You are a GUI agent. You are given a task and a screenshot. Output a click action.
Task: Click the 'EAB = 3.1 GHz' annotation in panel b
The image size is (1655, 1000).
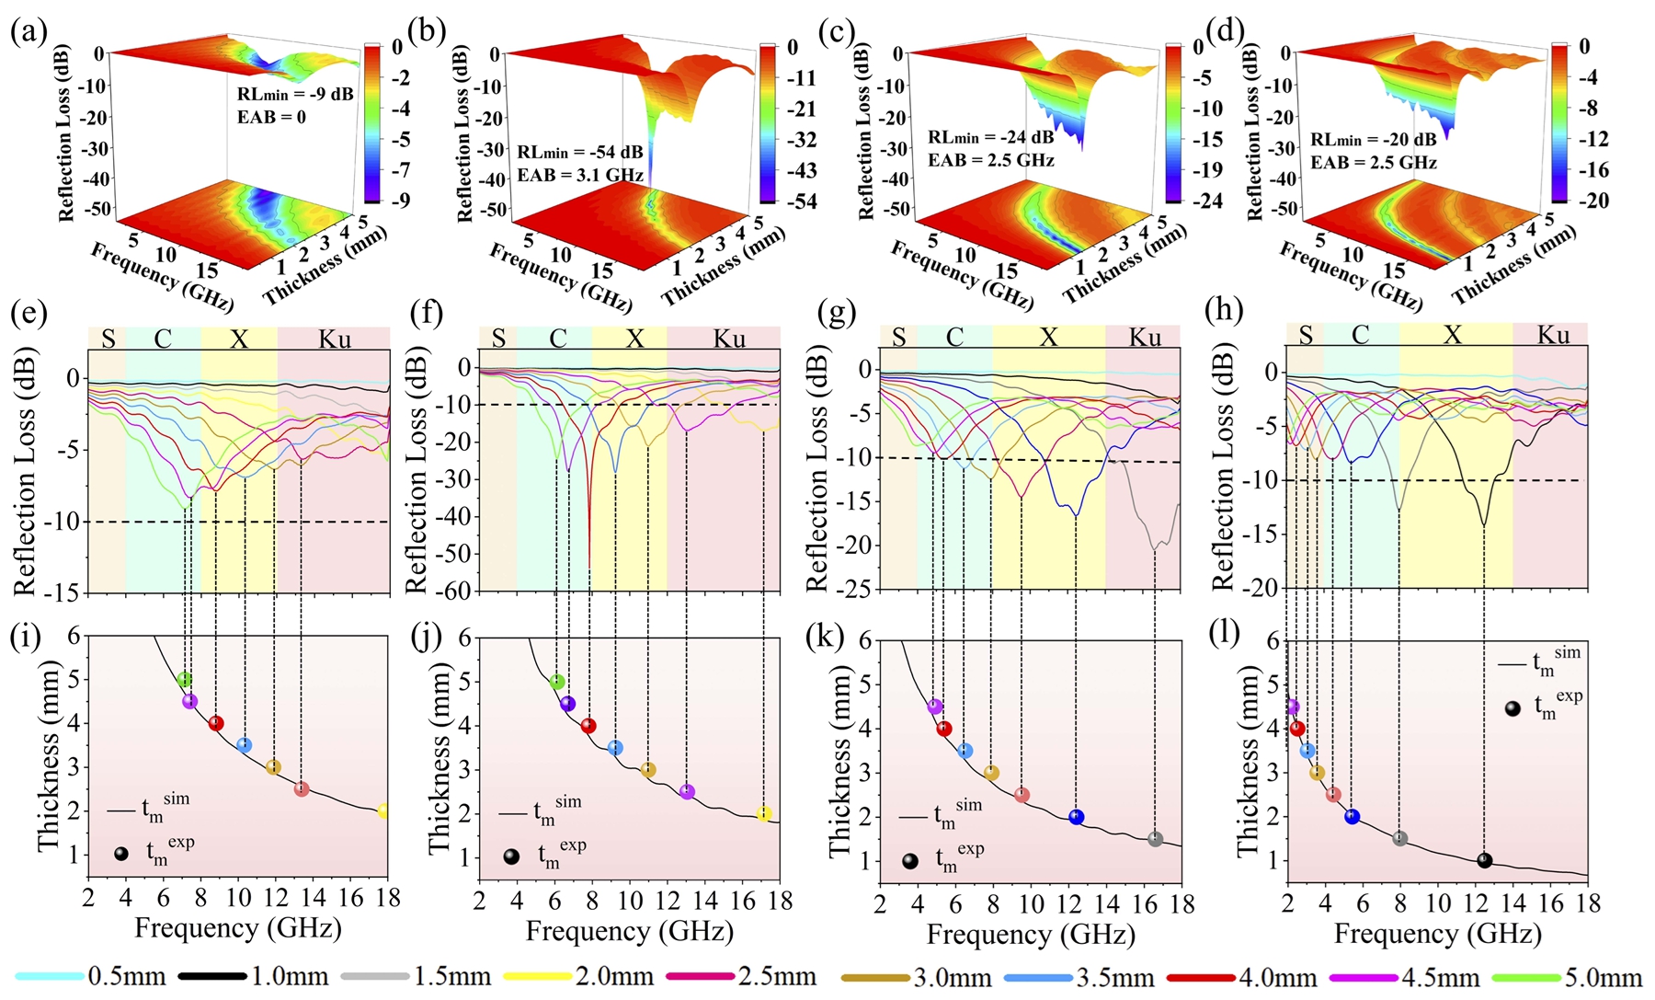579,175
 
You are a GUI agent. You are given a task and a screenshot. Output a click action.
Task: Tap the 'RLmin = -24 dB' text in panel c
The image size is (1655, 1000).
990,138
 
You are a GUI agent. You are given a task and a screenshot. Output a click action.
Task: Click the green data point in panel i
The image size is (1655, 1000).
185,680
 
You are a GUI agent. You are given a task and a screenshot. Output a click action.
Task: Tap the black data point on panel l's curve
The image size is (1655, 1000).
1484,861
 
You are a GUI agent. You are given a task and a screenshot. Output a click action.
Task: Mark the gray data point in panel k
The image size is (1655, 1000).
1155,839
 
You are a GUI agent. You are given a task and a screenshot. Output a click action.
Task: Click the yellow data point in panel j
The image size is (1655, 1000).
763,814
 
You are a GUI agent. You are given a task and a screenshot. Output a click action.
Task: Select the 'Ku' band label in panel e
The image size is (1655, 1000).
335,339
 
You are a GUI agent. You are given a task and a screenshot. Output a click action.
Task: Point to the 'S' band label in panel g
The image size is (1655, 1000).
898,338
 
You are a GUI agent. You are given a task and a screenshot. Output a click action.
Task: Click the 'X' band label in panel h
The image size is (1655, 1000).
1453,335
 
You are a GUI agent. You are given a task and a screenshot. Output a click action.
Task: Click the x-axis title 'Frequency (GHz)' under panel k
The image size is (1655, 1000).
1030,935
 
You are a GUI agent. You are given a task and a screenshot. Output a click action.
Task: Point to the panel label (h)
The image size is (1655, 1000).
1222,314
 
